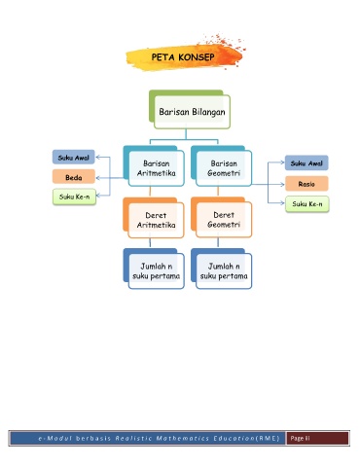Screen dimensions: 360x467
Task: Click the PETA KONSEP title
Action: (x=183, y=57)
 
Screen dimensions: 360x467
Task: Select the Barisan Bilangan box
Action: (x=192, y=112)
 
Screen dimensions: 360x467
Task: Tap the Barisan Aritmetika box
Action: (x=157, y=168)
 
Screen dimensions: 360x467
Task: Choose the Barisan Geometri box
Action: (x=224, y=168)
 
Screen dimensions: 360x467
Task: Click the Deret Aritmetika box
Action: (x=156, y=220)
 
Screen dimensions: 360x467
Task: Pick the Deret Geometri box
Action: (x=224, y=220)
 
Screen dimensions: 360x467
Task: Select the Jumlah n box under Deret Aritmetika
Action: (x=157, y=271)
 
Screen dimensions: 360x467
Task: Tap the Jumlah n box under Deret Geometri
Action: (x=224, y=271)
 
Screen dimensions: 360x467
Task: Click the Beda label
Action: (x=74, y=177)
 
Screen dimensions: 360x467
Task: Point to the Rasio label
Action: (x=306, y=184)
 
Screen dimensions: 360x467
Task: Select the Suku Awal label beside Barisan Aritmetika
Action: (x=74, y=158)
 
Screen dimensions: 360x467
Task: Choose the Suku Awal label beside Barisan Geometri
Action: (x=306, y=163)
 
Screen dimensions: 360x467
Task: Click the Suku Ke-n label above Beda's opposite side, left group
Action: (x=74, y=197)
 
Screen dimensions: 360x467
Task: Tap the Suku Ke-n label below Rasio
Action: (x=307, y=204)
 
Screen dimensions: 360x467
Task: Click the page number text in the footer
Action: (x=300, y=439)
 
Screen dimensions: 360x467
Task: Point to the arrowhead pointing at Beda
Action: (x=97, y=178)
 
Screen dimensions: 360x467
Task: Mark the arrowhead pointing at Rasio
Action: (x=282, y=185)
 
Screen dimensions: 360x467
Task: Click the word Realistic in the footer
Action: (x=134, y=439)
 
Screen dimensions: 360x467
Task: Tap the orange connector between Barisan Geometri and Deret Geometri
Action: (x=218, y=192)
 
